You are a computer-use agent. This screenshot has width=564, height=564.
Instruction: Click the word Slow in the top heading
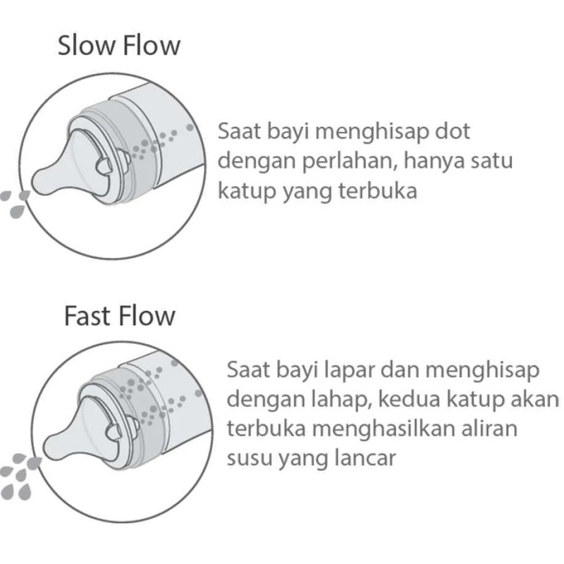[x=87, y=46]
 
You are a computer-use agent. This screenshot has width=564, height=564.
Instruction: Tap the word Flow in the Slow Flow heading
[x=151, y=46]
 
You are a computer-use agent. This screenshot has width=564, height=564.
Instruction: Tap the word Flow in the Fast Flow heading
[x=147, y=316]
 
